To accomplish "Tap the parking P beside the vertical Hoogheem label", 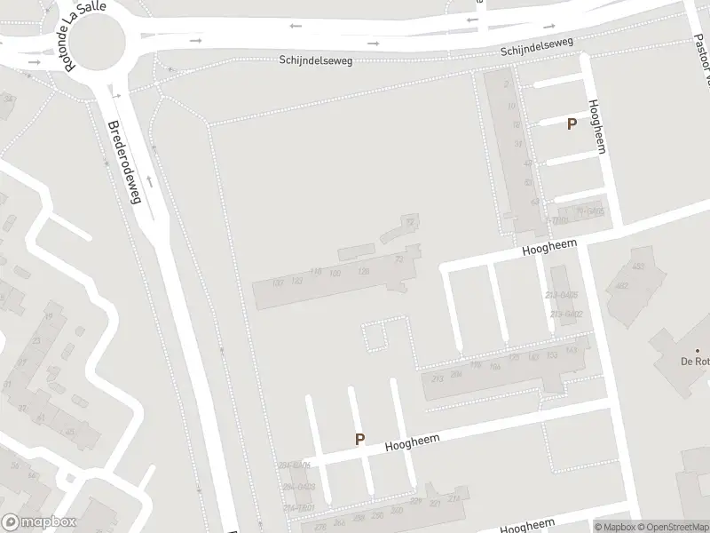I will pyautogui.click(x=572, y=124).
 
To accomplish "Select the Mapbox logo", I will pyautogui.click(x=39, y=522).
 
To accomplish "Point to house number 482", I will pyautogui.click(x=621, y=285).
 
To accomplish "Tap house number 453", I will pyautogui.click(x=636, y=266).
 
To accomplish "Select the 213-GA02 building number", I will pyautogui.click(x=565, y=314).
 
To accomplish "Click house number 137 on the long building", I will pyautogui.click(x=277, y=282).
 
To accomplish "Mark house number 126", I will pyautogui.click(x=362, y=271).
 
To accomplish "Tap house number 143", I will pyautogui.click(x=570, y=351).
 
